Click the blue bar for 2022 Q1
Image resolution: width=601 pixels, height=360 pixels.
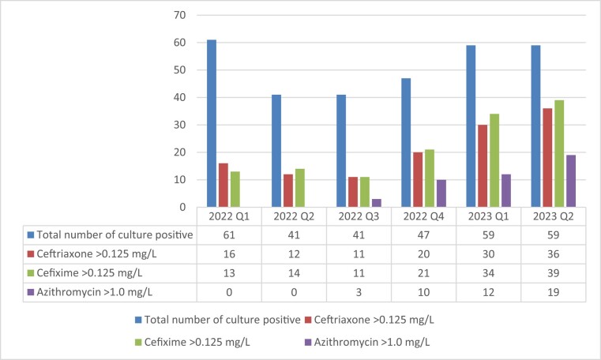point(212,123)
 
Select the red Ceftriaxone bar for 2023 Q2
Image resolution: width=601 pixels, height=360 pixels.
point(547,158)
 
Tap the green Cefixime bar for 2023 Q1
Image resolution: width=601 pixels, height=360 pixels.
point(494,160)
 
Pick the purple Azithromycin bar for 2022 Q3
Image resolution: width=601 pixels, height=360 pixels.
point(377,203)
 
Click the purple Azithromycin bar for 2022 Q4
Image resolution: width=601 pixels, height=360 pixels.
point(441,193)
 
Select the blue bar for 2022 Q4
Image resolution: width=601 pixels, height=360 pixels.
point(406,143)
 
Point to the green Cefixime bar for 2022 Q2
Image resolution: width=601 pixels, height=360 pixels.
point(300,188)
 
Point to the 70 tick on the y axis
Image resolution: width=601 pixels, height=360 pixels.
point(180,15)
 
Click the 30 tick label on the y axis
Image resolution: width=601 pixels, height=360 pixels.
point(180,125)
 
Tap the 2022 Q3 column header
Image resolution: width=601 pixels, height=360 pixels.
point(359,216)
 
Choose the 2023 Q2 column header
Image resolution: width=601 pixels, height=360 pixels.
point(553,216)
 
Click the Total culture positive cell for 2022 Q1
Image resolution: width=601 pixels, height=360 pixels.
point(229,234)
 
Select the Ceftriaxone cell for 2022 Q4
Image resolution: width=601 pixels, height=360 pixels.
point(423,254)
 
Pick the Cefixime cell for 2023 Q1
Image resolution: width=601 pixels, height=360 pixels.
point(488,273)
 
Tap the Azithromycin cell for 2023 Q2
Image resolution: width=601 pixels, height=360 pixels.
point(553,292)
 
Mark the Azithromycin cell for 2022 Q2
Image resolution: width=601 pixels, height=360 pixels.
point(294,292)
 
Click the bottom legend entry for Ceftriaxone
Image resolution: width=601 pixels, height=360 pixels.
point(370,320)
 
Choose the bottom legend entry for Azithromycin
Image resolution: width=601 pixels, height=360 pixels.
point(367,342)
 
